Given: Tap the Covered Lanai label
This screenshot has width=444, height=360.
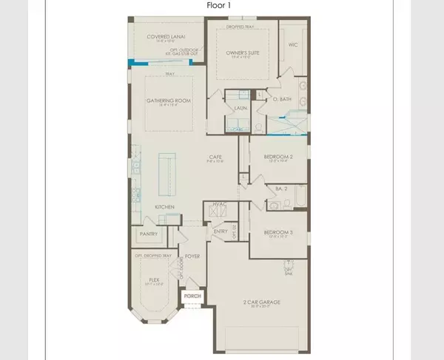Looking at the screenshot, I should coord(164,35).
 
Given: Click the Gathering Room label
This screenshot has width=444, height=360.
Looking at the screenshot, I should coord(165,103).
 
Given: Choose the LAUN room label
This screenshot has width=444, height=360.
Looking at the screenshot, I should coord(240,108).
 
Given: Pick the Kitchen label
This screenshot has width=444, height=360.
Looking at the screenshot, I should coord(164,206).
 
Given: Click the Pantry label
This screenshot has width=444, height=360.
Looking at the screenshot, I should coord(147,234).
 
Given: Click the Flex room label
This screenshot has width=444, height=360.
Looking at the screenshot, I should coord(155,280).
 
